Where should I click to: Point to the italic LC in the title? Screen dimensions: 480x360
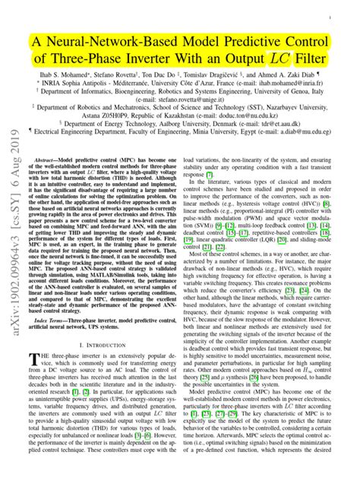292,59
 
